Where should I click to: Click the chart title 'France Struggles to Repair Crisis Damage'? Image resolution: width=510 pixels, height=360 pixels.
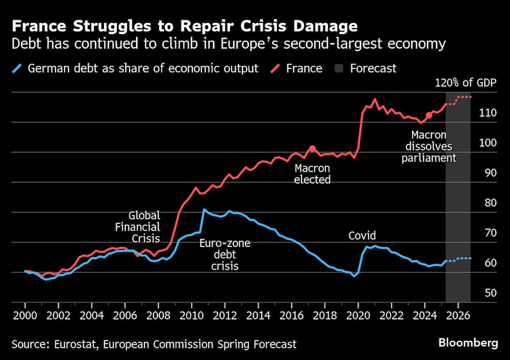(185, 26)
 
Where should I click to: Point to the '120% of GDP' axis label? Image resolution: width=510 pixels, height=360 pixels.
(465, 84)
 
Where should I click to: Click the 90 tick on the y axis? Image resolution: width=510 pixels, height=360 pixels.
(490, 172)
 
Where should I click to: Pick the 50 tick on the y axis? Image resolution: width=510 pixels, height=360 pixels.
(490, 293)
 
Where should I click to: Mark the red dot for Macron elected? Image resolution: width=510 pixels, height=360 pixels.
(312, 149)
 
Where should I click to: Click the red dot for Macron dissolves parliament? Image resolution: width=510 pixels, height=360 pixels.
(429, 115)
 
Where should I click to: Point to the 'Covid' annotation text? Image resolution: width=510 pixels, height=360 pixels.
(362, 236)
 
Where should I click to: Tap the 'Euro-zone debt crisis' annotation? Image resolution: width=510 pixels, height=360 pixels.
(224, 254)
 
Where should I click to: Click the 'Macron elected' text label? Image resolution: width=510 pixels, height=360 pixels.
(312, 174)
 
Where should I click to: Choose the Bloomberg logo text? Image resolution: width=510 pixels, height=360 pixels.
(468, 343)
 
